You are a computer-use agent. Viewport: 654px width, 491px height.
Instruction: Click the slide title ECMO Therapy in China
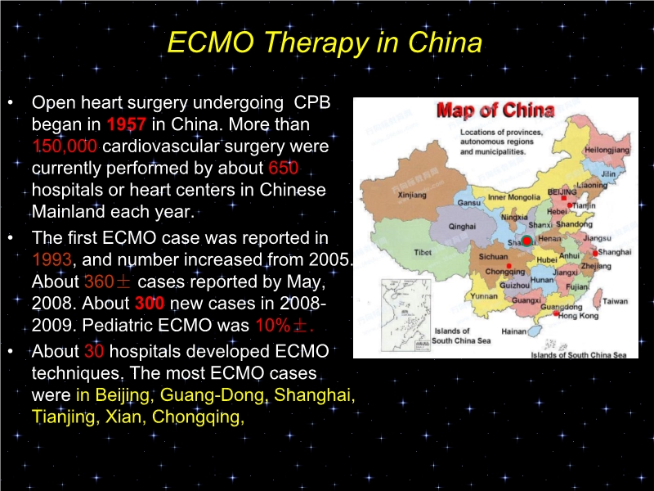(324, 42)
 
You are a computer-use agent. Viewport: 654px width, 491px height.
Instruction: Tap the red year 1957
(127, 126)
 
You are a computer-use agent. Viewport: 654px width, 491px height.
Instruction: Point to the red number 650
(283, 169)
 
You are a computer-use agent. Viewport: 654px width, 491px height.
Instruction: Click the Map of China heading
(495, 110)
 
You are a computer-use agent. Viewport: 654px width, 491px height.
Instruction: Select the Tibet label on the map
(423, 252)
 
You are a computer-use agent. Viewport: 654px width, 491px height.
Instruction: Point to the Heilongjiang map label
(607, 151)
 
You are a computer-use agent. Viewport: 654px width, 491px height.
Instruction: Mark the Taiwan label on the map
(615, 301)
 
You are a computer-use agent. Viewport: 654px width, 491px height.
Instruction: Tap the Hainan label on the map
(513, 331)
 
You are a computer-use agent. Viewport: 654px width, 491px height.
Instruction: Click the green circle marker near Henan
(527, 240)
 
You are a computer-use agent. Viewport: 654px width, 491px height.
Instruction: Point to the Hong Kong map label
(578, 315)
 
